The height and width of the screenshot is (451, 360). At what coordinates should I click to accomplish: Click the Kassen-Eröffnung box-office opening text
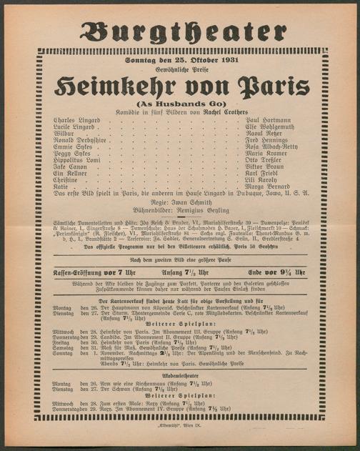click(84, 272)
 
